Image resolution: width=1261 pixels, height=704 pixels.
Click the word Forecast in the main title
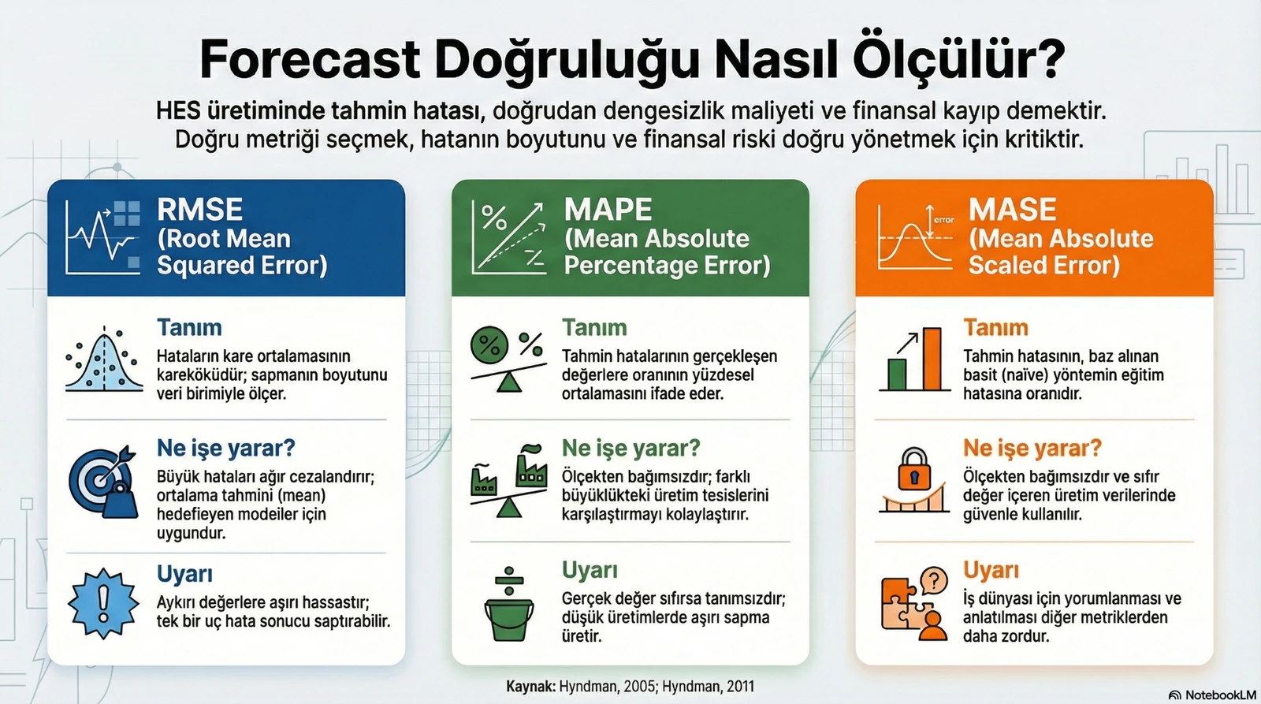click(310, 59)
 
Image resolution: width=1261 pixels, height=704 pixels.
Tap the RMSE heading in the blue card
click(199, 210)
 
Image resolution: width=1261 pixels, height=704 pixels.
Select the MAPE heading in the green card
click(608, 210)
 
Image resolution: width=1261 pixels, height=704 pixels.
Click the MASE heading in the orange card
click(1012, 210)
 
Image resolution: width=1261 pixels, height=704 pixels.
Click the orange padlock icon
click(914, 471)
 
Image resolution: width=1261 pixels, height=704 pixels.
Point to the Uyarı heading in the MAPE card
click(590, 570)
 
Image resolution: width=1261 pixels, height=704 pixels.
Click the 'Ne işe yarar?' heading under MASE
click(1032, 448)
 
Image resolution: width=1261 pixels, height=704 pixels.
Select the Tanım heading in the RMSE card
click(189, 327)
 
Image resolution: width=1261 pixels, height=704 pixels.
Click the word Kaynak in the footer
click(530, 687)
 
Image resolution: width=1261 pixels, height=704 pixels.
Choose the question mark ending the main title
click(1047, 59)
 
